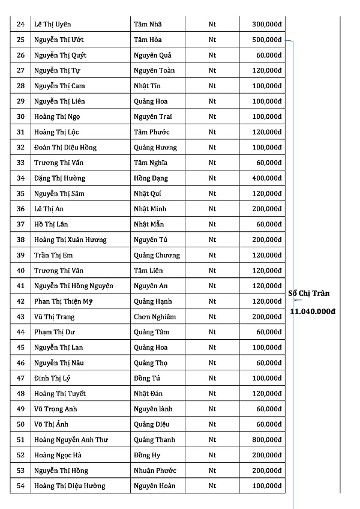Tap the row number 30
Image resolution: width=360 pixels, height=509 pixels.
(x=20, y=117)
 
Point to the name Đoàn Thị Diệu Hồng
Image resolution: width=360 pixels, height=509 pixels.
(x=65, y=148)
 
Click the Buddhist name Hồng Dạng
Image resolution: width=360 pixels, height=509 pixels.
(x=151, y=178)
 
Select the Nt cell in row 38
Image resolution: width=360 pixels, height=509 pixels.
(x=212, y=240)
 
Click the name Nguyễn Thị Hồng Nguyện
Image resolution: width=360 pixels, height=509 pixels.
(x=74, y=286)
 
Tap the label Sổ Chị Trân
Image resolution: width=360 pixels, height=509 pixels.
(x=309, y=294)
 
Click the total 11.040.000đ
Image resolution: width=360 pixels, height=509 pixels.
(x=313, y=312)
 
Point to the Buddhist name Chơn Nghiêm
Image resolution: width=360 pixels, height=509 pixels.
(x=155, y=317)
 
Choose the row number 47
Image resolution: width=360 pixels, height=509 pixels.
(x=20, y=378)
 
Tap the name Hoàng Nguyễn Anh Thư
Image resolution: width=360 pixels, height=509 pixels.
(x=71, y=440)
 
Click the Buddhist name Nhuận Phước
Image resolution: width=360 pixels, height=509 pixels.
(x=155, y=471)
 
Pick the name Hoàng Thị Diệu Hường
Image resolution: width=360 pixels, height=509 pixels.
(x=70, y=486)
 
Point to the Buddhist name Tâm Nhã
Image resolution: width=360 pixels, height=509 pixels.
(x=148, y=25)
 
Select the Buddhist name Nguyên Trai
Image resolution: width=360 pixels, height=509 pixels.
(x=154, y=117)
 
